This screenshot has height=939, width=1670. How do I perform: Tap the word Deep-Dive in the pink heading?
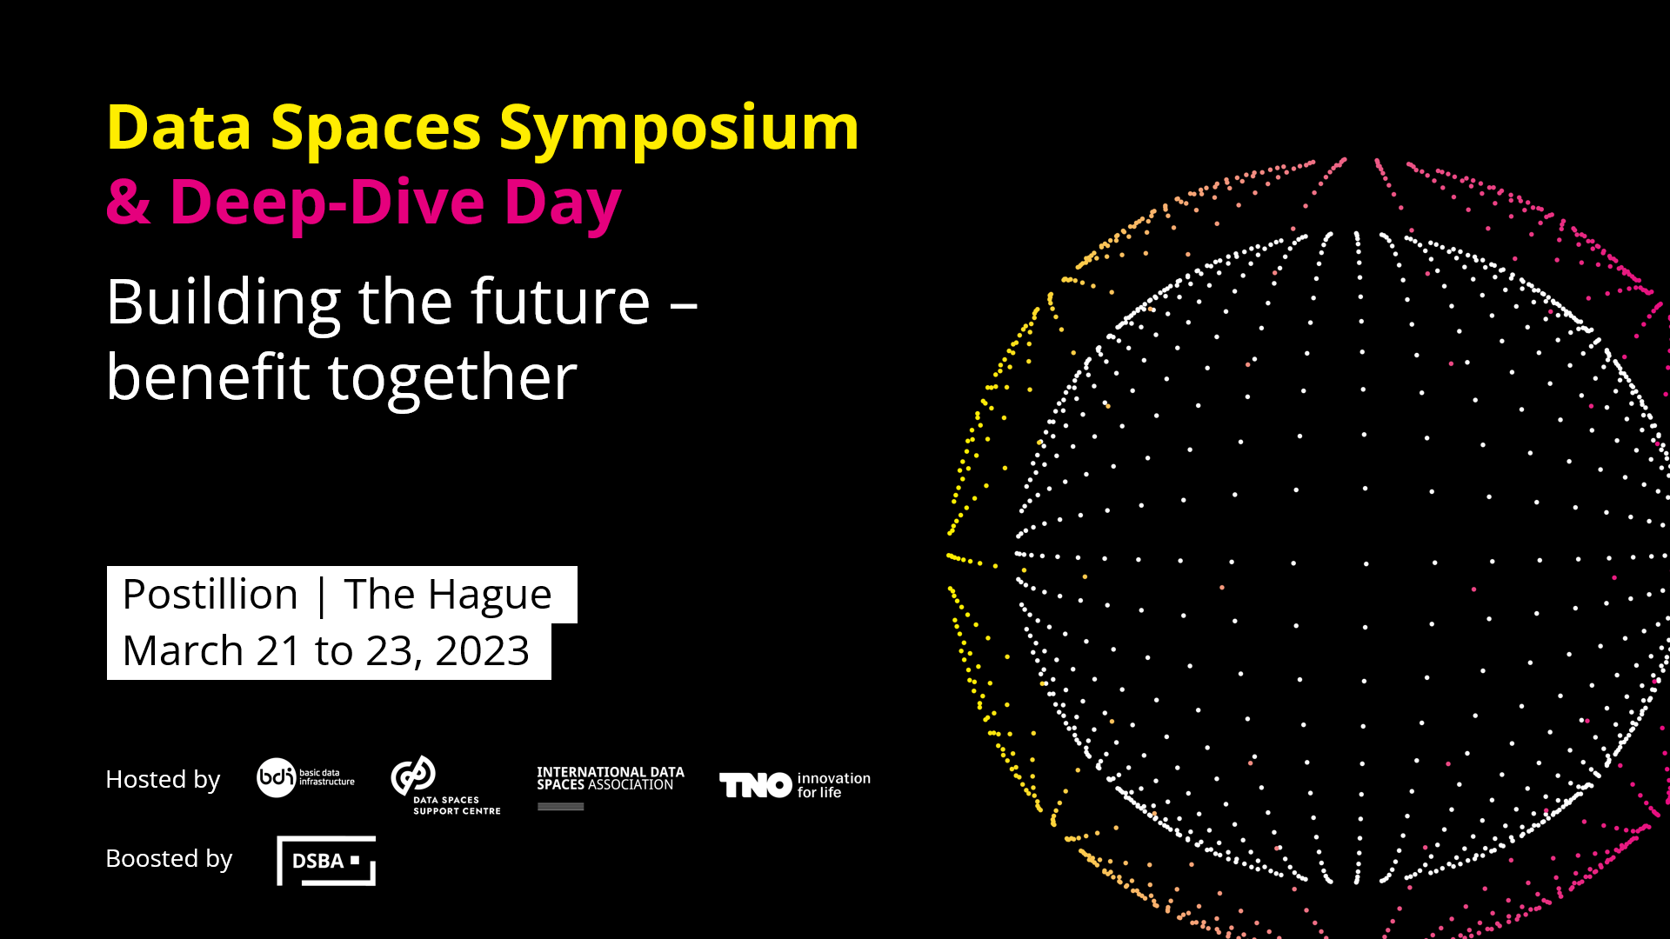[x=327, y=203]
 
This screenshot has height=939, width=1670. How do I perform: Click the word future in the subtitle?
[x=561, y=302]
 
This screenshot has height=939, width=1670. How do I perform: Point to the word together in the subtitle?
[x=452, y=379]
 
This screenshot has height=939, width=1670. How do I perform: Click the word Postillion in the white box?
[x=210, y=595]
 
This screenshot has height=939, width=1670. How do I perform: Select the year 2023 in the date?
[x=482, y=651]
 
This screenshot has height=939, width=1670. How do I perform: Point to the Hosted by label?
[x=163, y=780]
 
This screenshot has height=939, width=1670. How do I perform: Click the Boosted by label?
[x=169, y=859]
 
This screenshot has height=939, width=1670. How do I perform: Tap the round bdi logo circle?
[x=277, y=777]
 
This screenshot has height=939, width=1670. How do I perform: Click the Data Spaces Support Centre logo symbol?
[x=413, y=776]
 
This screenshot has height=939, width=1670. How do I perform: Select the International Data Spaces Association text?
[x=611, y=778]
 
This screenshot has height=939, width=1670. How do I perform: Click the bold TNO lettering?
[x=756, y=785]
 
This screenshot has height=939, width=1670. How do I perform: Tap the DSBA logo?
[x=326, y=861]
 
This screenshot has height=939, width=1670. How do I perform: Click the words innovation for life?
[x=833, y=785]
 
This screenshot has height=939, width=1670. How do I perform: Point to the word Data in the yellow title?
[x=179, y=129]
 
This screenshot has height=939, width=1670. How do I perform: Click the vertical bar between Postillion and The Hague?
[x=322, y=596]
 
